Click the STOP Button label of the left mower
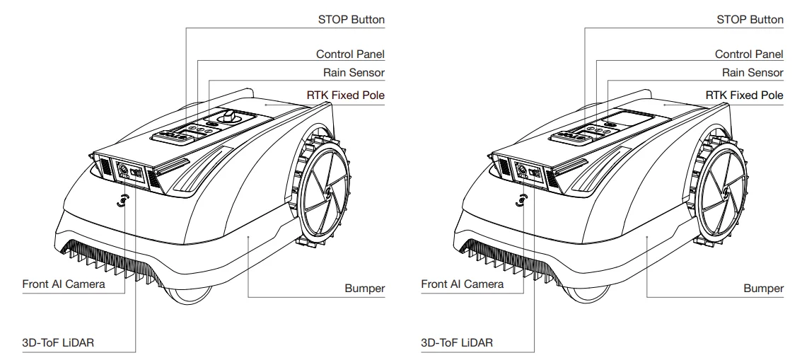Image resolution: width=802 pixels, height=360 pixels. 351,19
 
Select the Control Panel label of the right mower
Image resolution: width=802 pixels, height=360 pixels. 749,54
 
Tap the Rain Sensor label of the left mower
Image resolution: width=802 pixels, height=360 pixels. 354,73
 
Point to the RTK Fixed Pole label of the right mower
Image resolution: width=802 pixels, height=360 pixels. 744,95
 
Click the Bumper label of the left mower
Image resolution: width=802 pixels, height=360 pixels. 365,289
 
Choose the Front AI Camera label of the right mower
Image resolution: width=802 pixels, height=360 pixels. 463,284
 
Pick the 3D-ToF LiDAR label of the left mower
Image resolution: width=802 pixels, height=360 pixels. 58,342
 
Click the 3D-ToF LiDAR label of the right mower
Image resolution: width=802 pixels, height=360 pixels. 458,342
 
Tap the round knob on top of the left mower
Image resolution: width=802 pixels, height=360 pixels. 228,116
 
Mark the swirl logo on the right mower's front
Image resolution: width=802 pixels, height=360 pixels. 521,201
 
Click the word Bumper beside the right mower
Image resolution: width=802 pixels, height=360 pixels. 764,289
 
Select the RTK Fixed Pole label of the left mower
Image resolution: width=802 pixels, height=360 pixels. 346,95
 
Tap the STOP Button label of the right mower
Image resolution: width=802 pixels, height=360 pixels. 750,19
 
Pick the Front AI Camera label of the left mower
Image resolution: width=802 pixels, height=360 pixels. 64,284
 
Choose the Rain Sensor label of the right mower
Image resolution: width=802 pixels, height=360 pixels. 752,73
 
